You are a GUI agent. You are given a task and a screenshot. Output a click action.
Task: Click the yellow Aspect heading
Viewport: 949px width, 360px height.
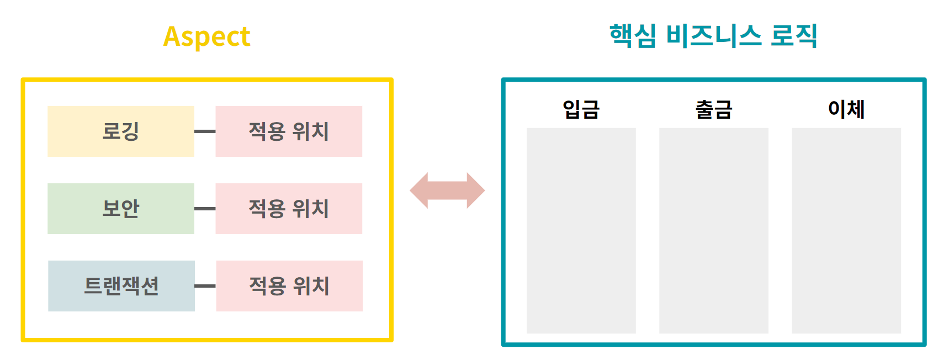point(206,37)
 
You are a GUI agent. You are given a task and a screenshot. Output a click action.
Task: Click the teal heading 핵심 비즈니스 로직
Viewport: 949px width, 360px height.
point(713,36)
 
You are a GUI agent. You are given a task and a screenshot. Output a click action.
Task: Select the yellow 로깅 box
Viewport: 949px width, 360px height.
point(121,131)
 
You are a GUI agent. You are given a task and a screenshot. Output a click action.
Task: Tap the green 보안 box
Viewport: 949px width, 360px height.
point(121,209)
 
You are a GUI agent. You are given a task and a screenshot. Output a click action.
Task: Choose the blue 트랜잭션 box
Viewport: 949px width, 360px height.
point(121,286)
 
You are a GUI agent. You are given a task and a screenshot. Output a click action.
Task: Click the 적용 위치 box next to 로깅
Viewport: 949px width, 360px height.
point(289,131)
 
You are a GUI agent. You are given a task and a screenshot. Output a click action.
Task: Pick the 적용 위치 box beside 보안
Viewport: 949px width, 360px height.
point(289,209)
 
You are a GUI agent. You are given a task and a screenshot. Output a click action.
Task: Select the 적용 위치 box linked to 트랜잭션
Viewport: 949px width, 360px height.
point(289,286)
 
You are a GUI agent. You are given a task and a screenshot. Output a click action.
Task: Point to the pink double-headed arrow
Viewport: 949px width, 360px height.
point(447,190)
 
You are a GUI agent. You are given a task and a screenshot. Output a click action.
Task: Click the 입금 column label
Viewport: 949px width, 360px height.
point(581,109)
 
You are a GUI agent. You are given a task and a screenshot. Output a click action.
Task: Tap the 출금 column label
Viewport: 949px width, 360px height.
point(713,109)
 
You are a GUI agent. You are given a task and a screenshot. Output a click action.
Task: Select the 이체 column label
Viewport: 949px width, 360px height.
point(846,109)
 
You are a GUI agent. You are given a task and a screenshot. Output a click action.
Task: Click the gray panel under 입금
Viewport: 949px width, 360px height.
point(581,231)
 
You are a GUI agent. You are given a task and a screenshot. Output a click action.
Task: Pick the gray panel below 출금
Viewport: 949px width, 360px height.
point(713,231)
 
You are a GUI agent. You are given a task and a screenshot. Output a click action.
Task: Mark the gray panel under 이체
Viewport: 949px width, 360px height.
point(846,231)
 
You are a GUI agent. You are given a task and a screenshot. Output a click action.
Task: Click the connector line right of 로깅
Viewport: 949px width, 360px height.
point(205,131)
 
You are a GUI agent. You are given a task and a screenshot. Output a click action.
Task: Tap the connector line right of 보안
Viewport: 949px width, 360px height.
point(205,209)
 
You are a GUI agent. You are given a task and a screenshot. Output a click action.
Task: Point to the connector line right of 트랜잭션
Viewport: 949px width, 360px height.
point(205,286)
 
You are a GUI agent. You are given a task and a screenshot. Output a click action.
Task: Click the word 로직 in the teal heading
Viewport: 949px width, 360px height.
point(793,36)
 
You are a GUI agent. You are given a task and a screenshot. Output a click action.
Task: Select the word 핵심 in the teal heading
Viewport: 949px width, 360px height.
point(633,36)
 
